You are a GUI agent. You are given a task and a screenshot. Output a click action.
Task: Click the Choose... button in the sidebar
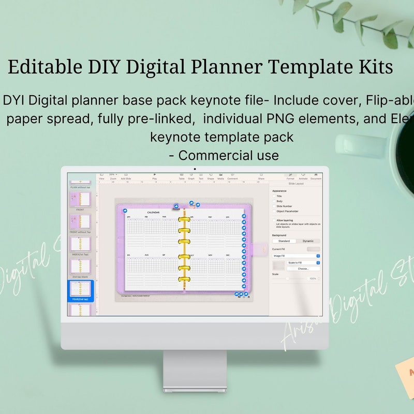click(x=303, y=269)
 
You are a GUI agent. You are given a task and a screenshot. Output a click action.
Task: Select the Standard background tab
click(x=284, y=241)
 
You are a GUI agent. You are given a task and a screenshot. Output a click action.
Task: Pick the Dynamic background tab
click(x=308, y=241)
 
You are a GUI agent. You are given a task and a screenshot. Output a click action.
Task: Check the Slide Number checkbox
click(x=274, y=206)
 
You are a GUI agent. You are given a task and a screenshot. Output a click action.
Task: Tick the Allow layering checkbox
click(x=274, y=220)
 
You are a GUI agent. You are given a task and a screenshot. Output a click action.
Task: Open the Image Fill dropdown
click(x=296, y=256)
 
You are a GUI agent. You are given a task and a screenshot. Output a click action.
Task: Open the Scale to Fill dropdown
click(x=303, y=263)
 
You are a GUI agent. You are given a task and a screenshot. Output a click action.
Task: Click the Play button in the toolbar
click(x=155, y=176)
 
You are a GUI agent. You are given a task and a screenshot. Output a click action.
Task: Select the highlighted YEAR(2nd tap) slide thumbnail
click(x=80, y=290)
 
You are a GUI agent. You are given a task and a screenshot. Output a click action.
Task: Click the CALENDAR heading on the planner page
click(x=154, y=213)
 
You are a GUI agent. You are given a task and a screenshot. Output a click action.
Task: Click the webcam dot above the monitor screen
click(x=195, y=169)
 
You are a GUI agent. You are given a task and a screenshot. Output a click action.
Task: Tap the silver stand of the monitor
click(x=195, y=370)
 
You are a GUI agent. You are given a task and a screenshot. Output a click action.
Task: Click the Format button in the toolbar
click(x=290, y=176)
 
